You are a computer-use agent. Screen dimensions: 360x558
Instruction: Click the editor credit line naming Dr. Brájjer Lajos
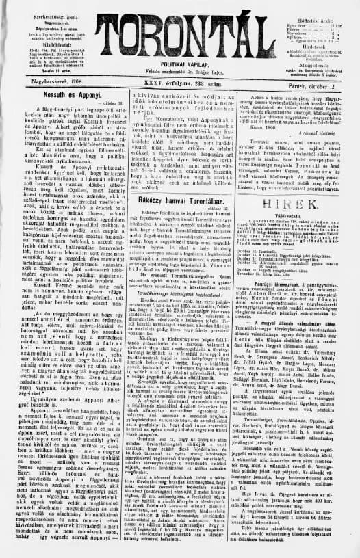[x=179, y=62]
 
